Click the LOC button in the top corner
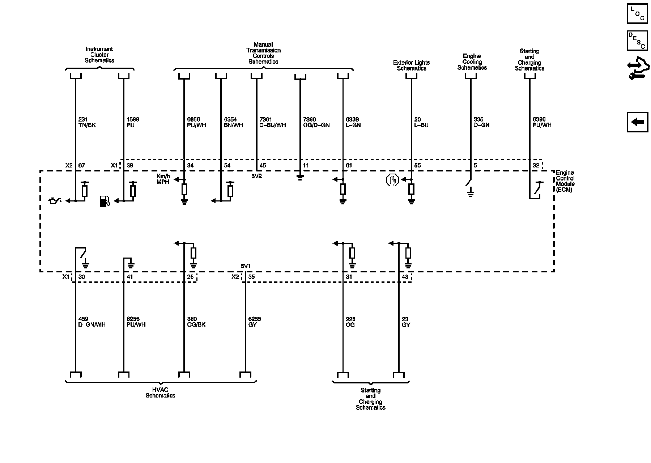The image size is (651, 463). point(637,14)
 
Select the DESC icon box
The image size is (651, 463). point(637,41)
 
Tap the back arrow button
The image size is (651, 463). point(637,122)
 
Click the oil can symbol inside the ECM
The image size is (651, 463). point(55,200)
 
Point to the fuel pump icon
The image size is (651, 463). point(105,201)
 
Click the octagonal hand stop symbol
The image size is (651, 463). point(392,180)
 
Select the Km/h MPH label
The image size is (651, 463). point(163,179)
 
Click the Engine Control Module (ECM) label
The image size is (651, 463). point(565,181)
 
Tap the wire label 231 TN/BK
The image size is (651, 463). point(87,122)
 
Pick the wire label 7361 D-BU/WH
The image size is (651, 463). point(272,122)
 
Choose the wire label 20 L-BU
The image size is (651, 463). point(421,122)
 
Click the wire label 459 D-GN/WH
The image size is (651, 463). point(92,322)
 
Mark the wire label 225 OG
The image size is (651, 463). point(350,322)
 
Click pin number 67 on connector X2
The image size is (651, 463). point(81,165)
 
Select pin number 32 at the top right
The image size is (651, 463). point(536,165)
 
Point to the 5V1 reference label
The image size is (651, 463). point(246,266)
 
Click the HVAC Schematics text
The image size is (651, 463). point(160,392)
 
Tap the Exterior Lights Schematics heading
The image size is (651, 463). point(411,65)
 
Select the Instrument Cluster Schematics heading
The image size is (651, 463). point(99,55)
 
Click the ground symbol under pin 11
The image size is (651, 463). point(299,178)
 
